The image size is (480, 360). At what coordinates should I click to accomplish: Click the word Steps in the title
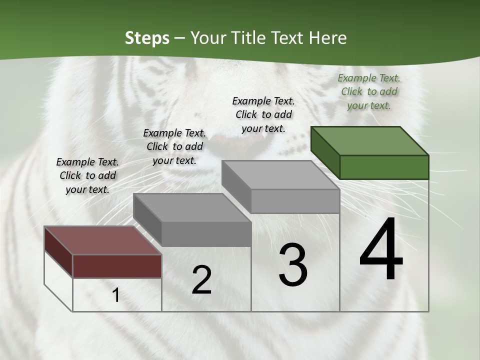pyautogui.click(x=147, y=38)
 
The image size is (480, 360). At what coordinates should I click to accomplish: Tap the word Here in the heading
pyautogui.click(x=327, y=38)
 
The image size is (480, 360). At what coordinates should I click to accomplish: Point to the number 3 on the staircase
pyautogui.click(x=293, y=264)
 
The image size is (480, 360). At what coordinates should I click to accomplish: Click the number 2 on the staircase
pyautogui.click(x=201, y=280)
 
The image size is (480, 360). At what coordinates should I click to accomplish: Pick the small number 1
pyautogui.click(x=116, y=295)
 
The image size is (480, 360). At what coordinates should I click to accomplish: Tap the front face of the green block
pyautogui.click(x=384, y=167)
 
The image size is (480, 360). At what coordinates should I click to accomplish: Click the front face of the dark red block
pyautogui.click(x=117, y=266)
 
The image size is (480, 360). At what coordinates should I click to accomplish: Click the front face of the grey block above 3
pyautogui.click(x=295, y=201)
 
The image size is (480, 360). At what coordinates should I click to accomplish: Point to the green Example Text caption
pyautogui.click(x=369, y=91)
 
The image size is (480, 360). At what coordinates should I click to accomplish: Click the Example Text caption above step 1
pyautogui.click(x=87, y=175)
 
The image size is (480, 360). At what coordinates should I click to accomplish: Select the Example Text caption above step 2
pyautogui.click(x=174, y=146)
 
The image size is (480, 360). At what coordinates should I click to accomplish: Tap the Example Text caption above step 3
pyautogui.click(x=263, y=114)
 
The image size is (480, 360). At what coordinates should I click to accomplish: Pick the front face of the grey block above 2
pyautogui.click(x=206, y=234)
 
